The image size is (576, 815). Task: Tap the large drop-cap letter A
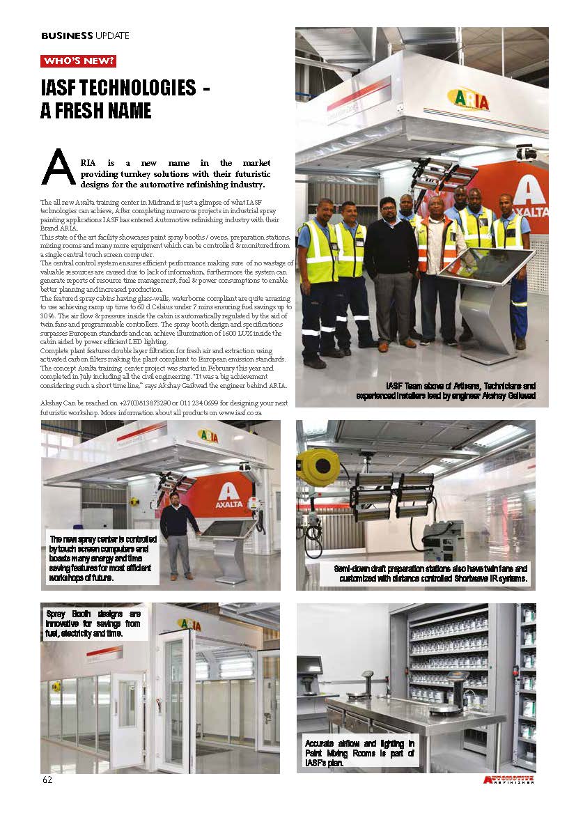59,167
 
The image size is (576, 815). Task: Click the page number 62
47,779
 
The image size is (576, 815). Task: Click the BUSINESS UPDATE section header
85,36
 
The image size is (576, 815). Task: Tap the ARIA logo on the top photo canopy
467,100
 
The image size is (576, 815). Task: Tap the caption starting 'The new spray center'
103,558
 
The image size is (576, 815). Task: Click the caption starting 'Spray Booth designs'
93,623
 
